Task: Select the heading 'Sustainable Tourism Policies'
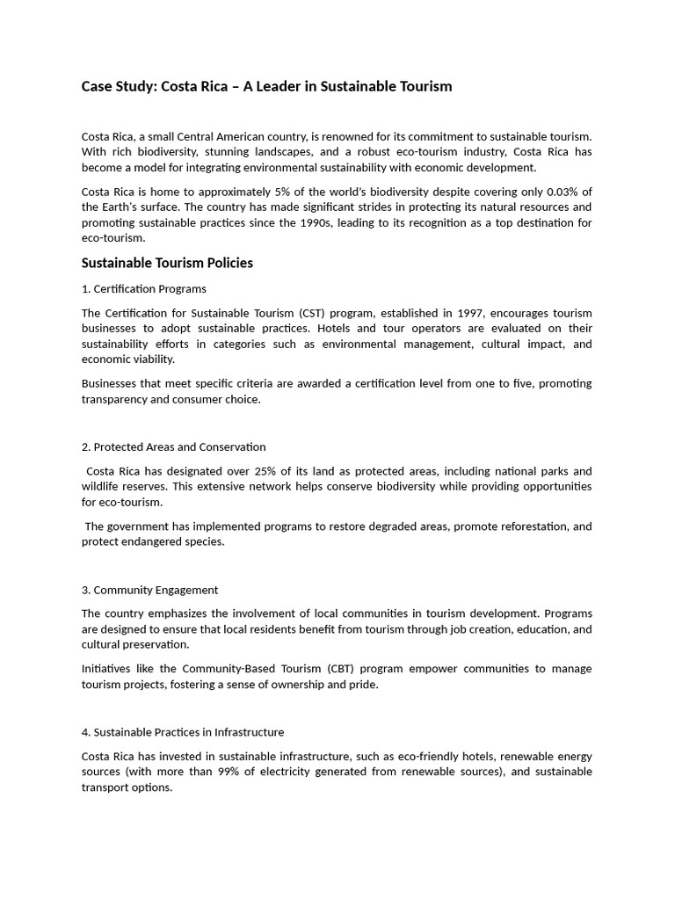coord(167,263)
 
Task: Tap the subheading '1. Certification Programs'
coord(144,289)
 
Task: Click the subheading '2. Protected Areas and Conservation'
coord(173,447)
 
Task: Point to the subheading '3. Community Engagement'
coord(149,590)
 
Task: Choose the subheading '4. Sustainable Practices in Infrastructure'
coord(183,732)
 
